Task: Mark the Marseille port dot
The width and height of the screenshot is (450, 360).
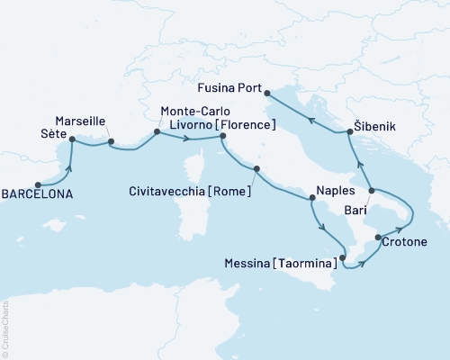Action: point(111,141)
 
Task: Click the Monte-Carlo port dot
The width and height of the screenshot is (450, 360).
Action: point(157,132)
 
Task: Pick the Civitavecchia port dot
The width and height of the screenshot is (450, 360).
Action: point(256,168)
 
